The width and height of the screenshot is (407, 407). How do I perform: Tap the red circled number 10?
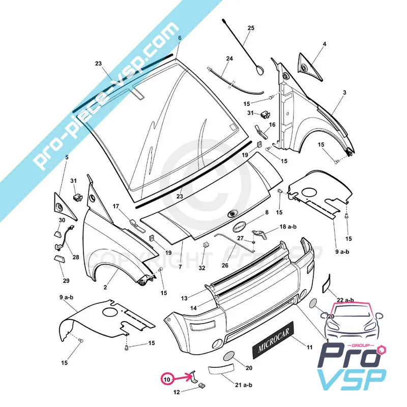tap(167, 379)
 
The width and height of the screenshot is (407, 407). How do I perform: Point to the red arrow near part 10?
tap(183, 379)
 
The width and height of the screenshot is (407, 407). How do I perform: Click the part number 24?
tap(229, 59)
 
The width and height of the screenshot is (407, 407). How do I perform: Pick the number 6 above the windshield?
tap(180, 38)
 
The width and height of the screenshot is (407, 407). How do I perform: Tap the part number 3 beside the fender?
tap(344, 93)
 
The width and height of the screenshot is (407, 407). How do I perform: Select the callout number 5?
tap(66, 157)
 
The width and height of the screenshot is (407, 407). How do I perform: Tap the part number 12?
tap(177, 392)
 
